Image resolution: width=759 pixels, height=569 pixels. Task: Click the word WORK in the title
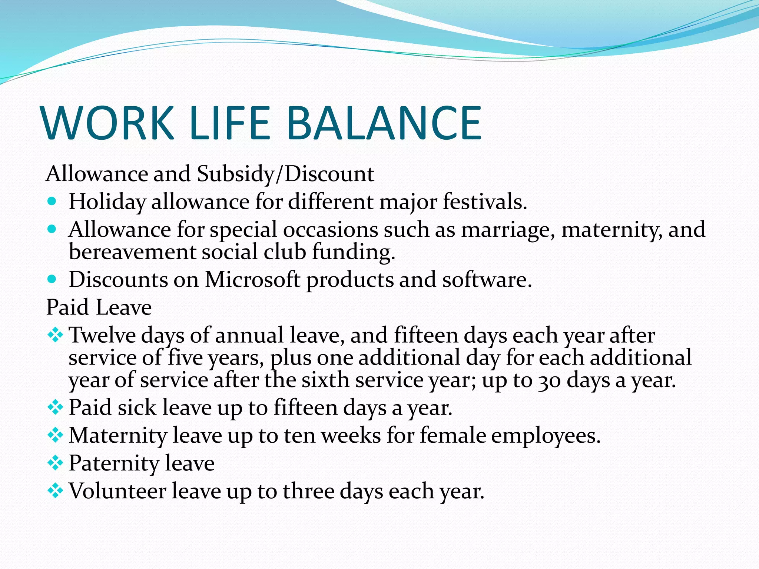tap(108, 123)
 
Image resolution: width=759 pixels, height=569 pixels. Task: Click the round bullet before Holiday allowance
tap(52, 202)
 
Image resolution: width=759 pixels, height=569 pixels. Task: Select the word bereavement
tap(132, 252)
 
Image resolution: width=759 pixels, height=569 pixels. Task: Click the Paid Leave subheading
tap(99, 307)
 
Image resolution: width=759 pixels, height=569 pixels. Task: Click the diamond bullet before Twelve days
tap(55, 335)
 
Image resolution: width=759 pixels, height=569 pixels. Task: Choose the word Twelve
tap(102, 335)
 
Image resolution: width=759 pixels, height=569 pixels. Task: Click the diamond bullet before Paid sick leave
tap(55, 407)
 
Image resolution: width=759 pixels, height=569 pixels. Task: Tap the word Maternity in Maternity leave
tap(118, 436)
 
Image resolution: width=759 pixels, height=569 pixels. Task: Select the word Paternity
tap(114, 463)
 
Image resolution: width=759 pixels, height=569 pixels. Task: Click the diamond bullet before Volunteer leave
tap(55, 491)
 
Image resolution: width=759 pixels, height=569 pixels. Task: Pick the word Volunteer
tap(117, 491)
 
